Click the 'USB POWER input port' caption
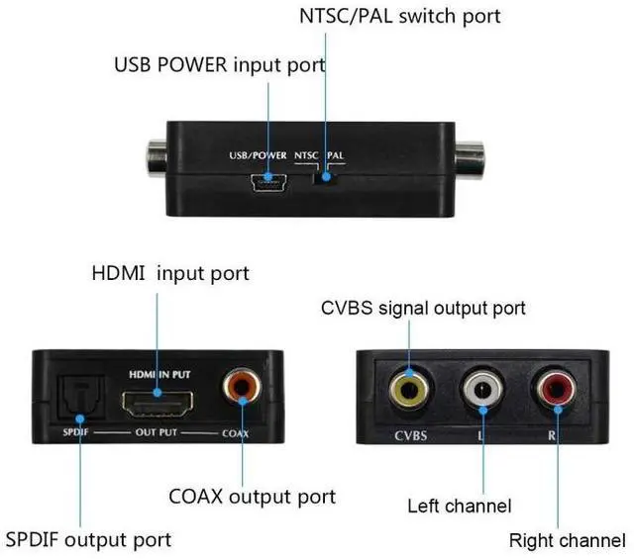click(x=220, y=65)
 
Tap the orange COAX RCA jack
click(x=241, y=387)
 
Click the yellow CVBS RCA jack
click(x=408, y=390)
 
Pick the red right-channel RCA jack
click(x=552, y=390)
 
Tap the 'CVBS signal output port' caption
click(x=423, y=309)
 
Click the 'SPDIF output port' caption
click(x=88, y=539)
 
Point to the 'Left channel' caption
click(x=460, y=506)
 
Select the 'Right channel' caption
click(x=568, y=540)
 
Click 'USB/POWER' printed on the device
click(x=258, y=155)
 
